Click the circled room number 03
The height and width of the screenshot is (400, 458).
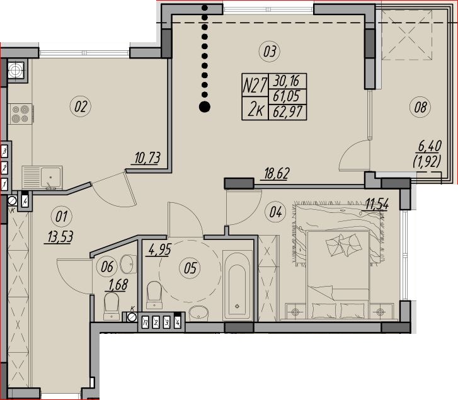(269, 51)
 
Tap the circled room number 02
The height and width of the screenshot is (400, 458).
(81, 106)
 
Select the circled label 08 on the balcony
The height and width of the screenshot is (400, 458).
(420, 107)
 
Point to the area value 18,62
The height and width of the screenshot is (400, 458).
(277, 173)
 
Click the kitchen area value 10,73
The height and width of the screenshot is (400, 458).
(147, 158)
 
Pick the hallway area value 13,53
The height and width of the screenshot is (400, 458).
(60, 236)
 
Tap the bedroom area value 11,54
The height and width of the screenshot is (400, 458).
(377, 204)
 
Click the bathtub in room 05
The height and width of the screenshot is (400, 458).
(237, 285)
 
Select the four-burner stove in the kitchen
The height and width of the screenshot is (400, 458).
(20, 113)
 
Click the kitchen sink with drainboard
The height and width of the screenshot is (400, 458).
(42, 178)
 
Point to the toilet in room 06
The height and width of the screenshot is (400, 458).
(112, 306)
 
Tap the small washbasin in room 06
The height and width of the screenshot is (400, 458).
(129, 264)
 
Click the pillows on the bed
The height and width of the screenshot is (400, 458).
(344, 244)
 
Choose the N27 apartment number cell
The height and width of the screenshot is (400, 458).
(255, 86)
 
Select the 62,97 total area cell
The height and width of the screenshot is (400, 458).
(287, 112)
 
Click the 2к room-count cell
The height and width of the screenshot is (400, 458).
(255, 108)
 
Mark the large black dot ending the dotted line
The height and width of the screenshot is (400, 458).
(205, 106)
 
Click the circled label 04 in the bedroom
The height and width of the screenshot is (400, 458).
(275, 212)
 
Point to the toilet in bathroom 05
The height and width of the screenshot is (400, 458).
(154, 295)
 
